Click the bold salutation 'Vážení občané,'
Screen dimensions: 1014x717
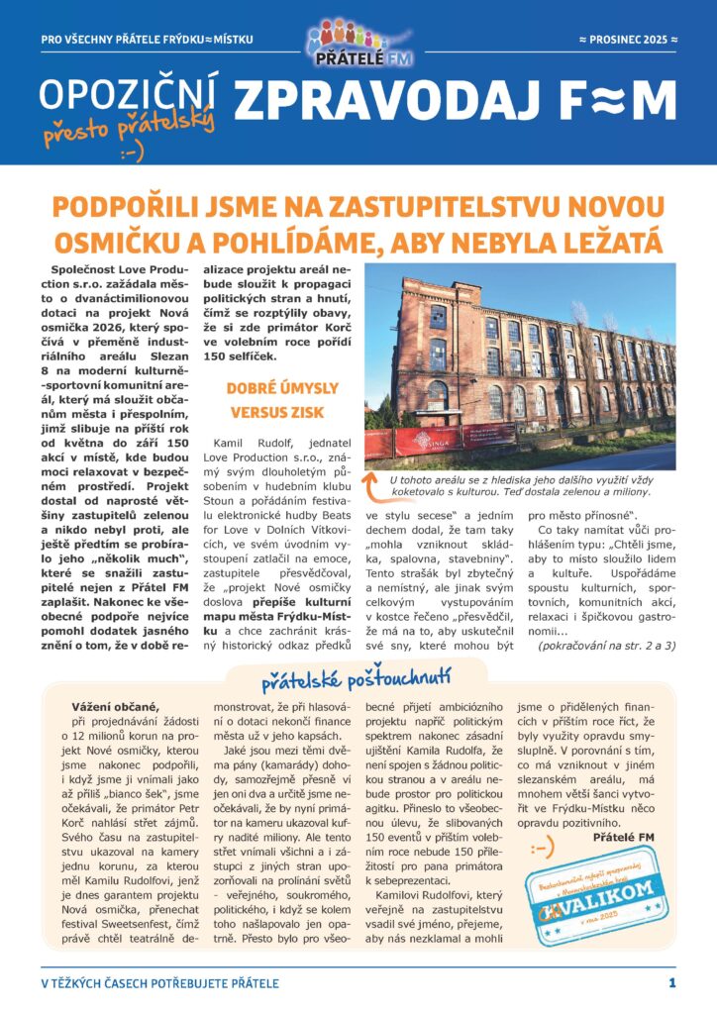[x=115, y=706]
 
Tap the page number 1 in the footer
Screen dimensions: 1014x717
[x=670, y=983]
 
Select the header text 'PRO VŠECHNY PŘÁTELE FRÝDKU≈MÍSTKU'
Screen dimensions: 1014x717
[x=148, y=40]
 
